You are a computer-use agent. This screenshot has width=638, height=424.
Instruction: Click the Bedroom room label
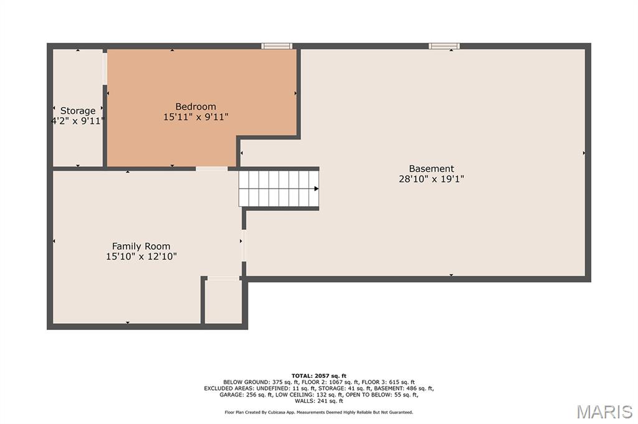pyautogui.click(x=195, y=106)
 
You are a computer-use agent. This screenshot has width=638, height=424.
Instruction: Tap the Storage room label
pyautogui.click(x=78, y=111)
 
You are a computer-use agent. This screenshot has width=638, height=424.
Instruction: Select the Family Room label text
pyautogui.click(x=141, y=246)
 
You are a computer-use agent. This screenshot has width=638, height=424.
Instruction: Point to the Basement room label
pyautogui.click(x=431, y=168)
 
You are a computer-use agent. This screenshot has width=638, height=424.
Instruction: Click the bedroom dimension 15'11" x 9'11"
pyautogui.click(x=196, y=117)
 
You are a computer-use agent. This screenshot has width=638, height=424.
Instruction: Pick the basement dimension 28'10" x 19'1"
pyautogui.click(x=431, y=179)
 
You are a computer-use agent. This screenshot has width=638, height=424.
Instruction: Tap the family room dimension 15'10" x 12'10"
pyautogui.click(x=141, y=257)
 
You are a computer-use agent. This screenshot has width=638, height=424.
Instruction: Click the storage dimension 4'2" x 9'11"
pyautogui.click(x=78, y=121)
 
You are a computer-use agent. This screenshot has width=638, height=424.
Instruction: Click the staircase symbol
pyautogui.click(x=279, y=189)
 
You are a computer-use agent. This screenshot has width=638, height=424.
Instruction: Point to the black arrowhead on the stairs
pyautogui.click(x=316, y=189)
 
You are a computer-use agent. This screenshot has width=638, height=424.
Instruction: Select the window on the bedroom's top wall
pyautogui.click(x=277, y=46)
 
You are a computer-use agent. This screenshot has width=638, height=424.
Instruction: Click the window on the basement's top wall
pyautogui.click(x=444, y=46)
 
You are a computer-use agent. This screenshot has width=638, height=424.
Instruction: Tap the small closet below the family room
pyautogui.click(x=223, y=301)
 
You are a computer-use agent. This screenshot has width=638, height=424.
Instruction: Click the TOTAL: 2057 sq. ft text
pyautogui.click(x=319, y=376)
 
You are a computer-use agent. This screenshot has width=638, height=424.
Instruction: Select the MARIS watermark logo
pyautogui.click(x=604, y=412)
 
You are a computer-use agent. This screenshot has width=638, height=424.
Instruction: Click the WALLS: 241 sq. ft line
pyautogui.click(x=319, y=401)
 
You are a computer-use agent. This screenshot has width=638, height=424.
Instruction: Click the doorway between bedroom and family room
pyautogui.click(x=212, y=168)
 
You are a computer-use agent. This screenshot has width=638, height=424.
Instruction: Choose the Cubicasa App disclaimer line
pyautogui.click(x=319, y=412)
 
